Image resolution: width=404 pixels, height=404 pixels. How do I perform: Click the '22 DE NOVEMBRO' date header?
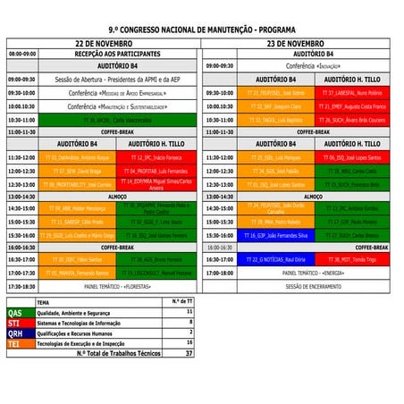click(104, 42)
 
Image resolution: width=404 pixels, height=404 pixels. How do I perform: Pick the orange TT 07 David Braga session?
click(76, 171)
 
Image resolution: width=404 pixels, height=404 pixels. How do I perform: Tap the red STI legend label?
click(15, 323)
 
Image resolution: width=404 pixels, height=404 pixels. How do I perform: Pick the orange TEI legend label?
click(15, 342)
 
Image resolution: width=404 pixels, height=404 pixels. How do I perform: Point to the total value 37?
click(189, 353)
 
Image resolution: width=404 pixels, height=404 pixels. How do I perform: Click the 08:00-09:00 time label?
click(22, 54)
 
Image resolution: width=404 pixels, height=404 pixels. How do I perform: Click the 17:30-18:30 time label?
click(22, 286)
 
